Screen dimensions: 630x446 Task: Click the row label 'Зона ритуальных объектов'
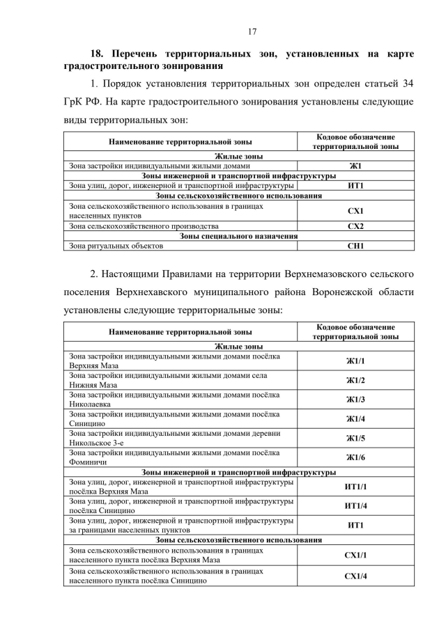tap(116, 246)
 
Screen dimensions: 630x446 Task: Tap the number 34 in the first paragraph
tap(408, 84)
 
